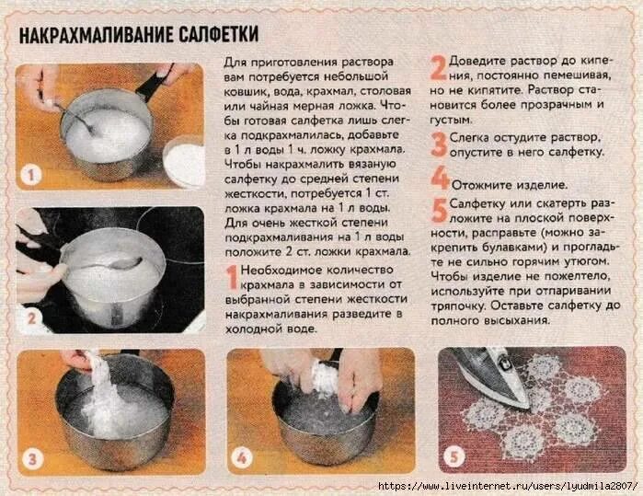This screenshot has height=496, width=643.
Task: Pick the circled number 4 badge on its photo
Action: point(241,458)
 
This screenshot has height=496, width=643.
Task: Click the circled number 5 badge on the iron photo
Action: point(453,458)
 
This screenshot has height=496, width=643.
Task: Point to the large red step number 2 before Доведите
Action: point(439,65)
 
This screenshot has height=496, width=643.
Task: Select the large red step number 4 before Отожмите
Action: point(440,177)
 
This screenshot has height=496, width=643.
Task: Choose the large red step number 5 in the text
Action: point(440,210)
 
